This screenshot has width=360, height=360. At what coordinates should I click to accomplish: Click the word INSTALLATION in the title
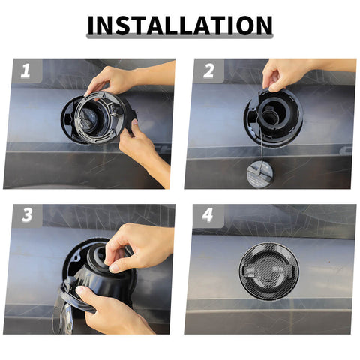click(x=179, y=25)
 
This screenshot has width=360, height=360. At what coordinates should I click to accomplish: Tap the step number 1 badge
click(x=25, y=72)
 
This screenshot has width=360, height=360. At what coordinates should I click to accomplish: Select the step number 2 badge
click(x=208, y=72)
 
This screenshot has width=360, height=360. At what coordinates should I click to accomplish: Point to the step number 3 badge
click(x=26, y=215)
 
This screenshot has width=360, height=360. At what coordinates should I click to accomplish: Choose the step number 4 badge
click(x=208, y=215)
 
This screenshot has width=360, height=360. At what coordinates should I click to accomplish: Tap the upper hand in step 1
click(x=112, y=78)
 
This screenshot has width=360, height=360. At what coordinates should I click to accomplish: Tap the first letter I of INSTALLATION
click(x=92, y=25)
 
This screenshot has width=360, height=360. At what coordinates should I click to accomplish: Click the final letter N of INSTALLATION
click(x=262, y=25)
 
